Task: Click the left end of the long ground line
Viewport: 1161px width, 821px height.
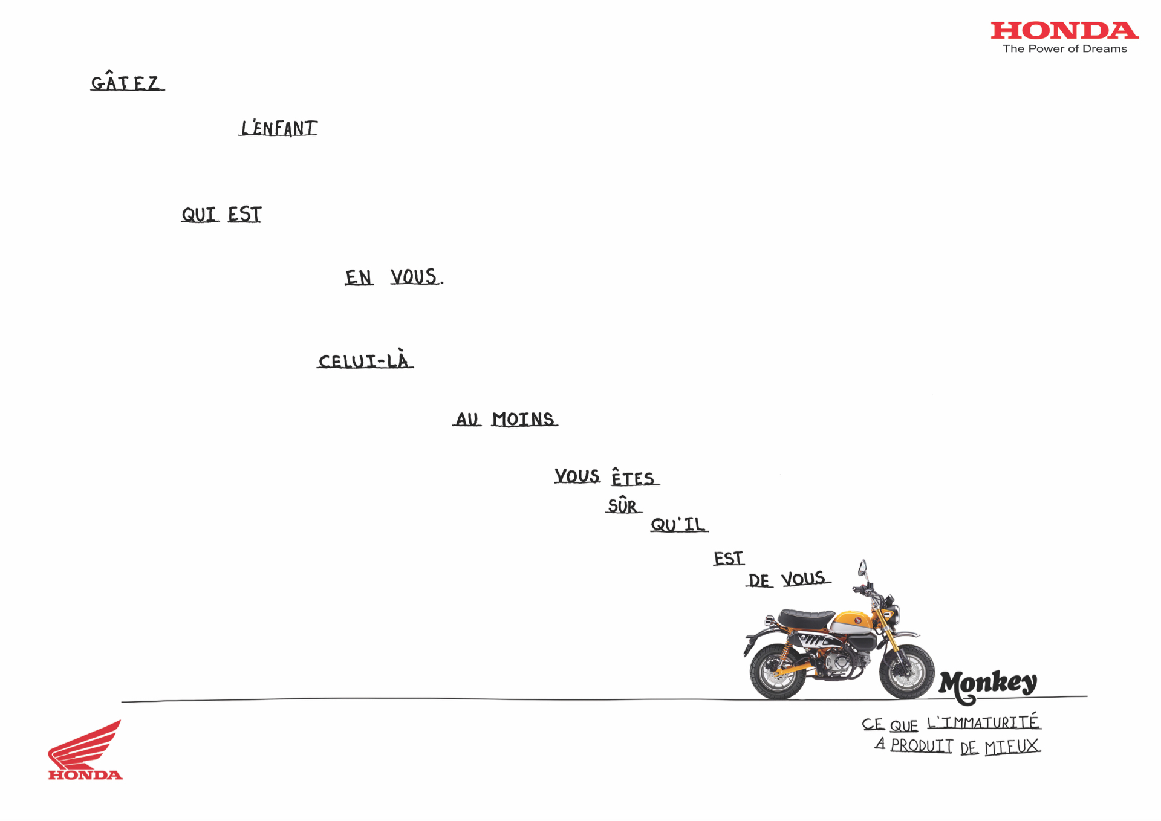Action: pos(122,702)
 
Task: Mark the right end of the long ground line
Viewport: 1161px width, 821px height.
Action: pos(1087,696)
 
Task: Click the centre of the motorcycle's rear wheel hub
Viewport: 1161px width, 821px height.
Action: pos(778,672)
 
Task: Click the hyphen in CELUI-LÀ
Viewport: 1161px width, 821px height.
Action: pos(380,362)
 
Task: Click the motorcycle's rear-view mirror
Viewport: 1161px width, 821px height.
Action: pos(862,568)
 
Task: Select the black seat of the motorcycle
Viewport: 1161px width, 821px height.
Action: pos(806,618)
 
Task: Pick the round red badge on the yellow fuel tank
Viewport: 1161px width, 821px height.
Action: pos(857,620)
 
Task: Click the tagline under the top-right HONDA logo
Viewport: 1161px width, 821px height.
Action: pos(1065,49)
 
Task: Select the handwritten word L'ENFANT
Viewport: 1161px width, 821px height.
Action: pos(278,128)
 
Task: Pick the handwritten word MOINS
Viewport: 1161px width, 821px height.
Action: pos(524,419)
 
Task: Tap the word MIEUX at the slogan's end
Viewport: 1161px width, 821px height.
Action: pos(1012,747)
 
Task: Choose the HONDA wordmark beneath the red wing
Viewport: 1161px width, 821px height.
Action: pos(85,775)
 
